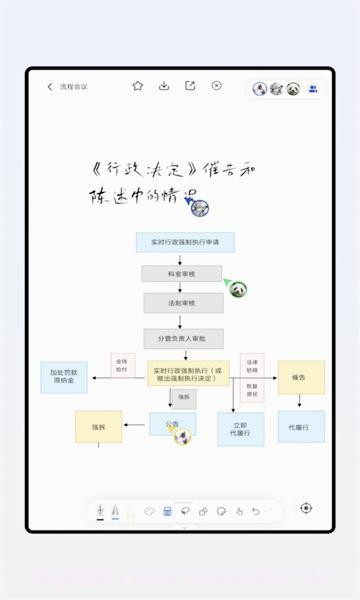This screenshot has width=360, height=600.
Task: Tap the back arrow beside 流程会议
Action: click(50, 87)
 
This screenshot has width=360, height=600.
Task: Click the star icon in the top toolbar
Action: click(138, 86)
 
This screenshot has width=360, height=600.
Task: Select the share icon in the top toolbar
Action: click(190, 86)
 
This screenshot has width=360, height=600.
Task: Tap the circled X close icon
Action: click(216, 86)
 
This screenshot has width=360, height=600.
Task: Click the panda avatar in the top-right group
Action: click(293, 88)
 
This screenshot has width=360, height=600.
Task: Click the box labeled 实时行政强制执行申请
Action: click(185, 242)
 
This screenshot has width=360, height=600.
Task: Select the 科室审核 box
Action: click(181, 273)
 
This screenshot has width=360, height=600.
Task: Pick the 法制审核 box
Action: click(183, 302)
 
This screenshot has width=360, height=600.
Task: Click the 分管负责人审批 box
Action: click(183, 338)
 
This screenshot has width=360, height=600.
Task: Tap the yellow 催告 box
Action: click(300, 377)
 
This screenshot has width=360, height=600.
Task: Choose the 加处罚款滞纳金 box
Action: click(64, 376)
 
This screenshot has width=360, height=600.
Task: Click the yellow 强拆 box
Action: click(98, 426)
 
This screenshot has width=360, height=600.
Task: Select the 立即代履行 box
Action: click(240, 428)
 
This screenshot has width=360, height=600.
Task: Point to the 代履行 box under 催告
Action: click(300, 427)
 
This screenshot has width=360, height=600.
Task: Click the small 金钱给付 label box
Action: click(122, 366)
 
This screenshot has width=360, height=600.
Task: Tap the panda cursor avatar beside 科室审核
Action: click(238, 289)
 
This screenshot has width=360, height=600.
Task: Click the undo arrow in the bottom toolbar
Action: click(256, 511)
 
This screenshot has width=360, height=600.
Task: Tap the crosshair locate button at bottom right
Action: click(306, 508)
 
